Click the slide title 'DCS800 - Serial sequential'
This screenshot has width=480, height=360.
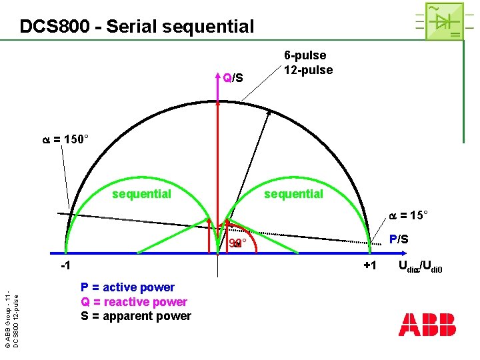click(137, 27)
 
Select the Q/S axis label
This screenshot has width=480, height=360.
click(233, 79)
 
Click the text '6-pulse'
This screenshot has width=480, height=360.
click(305, 55)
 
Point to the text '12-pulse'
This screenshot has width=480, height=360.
click(308, 70)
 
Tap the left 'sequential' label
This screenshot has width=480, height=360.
click(141, 194)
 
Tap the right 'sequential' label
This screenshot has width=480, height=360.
click(293, 194)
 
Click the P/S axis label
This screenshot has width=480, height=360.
click(400, 239)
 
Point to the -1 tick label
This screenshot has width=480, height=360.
click(63, 267)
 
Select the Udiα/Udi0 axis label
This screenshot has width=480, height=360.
click(421, 268)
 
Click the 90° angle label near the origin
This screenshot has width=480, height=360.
click(237, 243)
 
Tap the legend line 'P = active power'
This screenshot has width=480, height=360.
click(127, 287)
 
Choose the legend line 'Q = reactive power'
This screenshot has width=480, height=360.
click(134, 302)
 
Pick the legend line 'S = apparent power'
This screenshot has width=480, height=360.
click(136, 316)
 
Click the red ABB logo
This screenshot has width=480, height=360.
click(427, 324)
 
